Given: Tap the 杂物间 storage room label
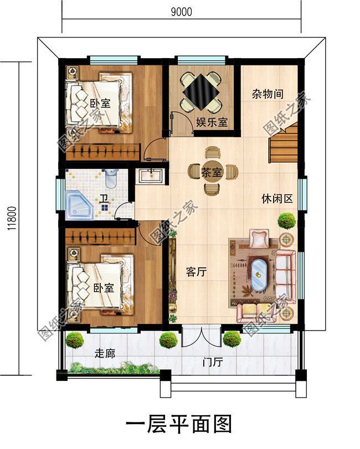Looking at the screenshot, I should pos(268,94).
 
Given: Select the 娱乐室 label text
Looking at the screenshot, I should pos(212,122).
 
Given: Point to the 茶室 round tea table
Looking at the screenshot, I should pos(213,171).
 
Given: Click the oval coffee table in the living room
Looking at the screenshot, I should pos(259,276).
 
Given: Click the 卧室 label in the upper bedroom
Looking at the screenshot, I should pos(100,103).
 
